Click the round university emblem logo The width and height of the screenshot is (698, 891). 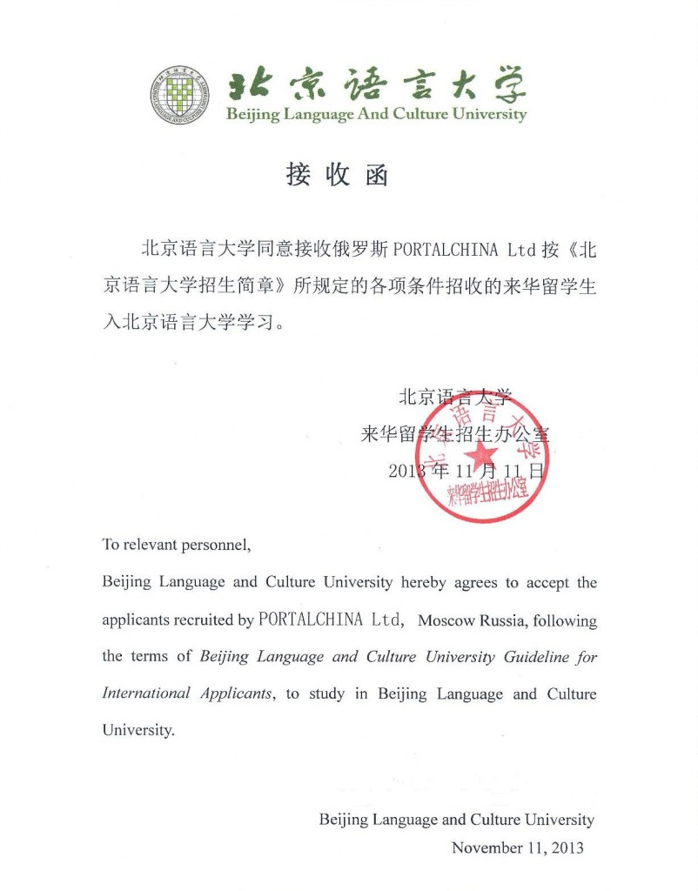coord(179,94)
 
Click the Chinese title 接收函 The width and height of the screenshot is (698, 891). coord(337,175)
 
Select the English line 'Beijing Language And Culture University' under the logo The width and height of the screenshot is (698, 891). coord(376,115)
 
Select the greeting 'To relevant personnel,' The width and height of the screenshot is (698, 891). coord(177,546)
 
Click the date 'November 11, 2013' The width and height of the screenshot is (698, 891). coord(517,847)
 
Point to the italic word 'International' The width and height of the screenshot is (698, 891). coord(146,693)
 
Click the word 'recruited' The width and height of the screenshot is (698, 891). coord(202,621)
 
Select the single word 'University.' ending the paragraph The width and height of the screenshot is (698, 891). coord(138,731)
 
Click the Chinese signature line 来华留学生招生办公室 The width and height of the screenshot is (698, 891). coord(455,434)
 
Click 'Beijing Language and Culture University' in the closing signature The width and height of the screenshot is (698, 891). coord(456,820)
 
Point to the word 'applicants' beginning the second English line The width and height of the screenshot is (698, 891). coord(132,621)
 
